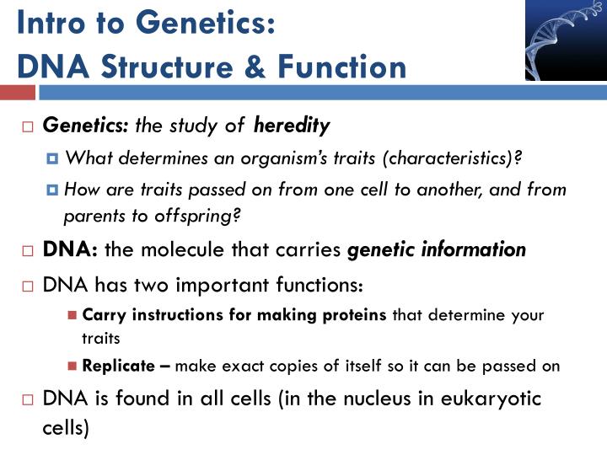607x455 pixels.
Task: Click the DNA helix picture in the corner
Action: pos(565,40)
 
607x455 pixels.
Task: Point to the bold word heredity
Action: pos(292,126)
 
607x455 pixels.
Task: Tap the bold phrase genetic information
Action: pos(437,250)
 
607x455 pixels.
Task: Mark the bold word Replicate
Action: pos(119,366)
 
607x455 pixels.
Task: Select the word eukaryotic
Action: pos(492,399)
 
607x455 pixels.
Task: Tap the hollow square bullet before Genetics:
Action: pos(27,127)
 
